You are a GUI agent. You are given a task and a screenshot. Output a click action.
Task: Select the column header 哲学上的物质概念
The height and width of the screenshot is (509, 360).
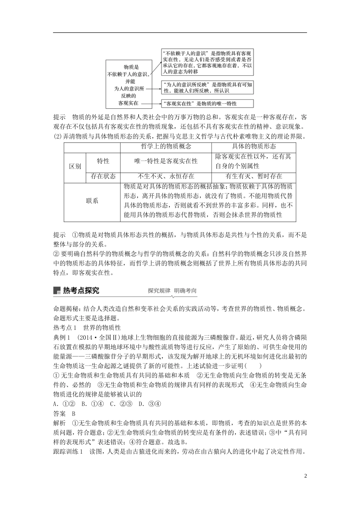tap(166, 147)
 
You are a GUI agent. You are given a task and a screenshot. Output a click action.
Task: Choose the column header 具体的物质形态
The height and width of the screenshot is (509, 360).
tap(254, 147)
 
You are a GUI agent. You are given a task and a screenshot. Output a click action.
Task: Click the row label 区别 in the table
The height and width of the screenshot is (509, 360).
tap(75, 166)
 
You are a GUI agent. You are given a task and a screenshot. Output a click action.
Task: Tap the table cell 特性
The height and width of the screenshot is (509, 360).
tap(103, 161)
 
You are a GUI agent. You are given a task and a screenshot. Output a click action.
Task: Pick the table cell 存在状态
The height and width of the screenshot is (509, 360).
tap(103, 176)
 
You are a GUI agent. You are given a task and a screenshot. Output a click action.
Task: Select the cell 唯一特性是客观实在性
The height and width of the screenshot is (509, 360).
tap(166, 161)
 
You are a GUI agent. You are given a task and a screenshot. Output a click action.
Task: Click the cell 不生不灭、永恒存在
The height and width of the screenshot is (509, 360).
tap(166, 176)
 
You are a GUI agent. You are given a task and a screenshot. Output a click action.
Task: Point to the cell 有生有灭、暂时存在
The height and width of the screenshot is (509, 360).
tap(254, 176)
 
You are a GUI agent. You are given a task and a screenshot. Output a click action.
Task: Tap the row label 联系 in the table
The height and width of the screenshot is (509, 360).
tap(92, 201)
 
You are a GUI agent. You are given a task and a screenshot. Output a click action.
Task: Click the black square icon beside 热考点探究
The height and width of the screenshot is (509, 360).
tap(57, 290)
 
